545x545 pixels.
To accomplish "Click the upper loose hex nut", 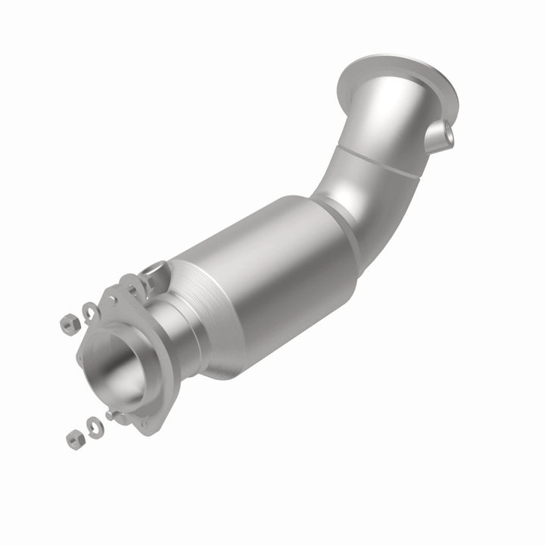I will coord(69,325).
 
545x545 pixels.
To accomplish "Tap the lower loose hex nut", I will coord(74,438).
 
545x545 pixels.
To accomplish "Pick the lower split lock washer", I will coord(95,427).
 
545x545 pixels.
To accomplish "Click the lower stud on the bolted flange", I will coord(113,415).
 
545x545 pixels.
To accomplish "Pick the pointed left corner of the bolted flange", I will coord(82,356).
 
